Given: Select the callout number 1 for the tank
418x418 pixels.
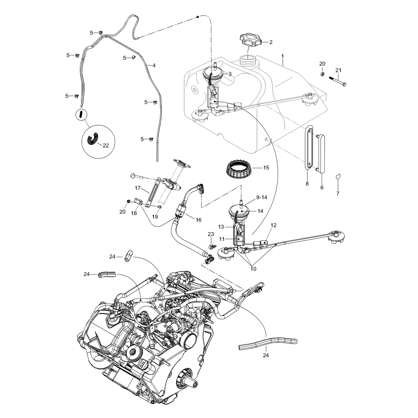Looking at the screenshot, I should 282,56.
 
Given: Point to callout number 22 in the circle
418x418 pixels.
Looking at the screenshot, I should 106,145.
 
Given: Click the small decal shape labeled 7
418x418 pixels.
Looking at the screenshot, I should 338,177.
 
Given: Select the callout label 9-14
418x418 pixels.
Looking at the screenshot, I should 261,197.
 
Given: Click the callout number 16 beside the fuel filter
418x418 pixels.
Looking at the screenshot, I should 198,220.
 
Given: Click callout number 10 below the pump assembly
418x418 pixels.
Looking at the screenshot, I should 253,269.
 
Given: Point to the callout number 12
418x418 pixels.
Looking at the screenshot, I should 273,225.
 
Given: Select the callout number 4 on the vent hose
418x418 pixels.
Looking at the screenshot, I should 154,65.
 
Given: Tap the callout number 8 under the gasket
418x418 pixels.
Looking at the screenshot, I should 307,184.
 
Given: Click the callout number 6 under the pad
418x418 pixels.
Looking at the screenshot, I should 322,188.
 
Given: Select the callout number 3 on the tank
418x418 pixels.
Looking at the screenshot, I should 230,74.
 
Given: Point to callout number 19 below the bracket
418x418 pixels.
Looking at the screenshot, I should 155,217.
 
